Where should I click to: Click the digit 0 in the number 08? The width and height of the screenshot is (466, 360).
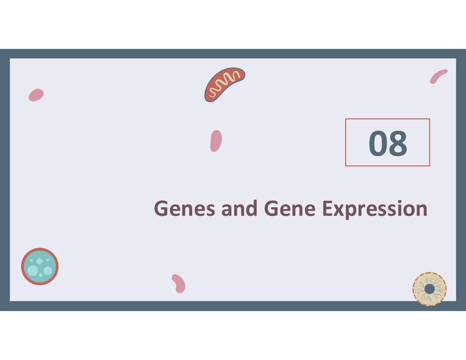tap(378, 143)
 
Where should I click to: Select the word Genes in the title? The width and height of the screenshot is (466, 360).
tap(184, 208)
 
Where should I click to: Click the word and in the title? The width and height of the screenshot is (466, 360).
tap(239, 208)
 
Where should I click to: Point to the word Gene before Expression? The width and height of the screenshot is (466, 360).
tap(290, 208)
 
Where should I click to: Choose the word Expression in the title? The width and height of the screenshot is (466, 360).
tap(375, 210)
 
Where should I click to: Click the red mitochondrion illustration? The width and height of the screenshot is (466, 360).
tap(224, 85)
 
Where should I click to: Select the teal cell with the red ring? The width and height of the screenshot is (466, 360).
tap(40, 266)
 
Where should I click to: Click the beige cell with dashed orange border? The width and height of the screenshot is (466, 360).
tap(430, 289)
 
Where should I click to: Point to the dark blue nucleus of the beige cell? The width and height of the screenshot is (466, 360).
tap(430, 289)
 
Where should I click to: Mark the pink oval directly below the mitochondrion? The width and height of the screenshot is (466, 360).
tap(216, 141)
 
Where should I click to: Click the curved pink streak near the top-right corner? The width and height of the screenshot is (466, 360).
tap(438, 76)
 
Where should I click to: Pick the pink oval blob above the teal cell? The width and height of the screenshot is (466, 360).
tap(36, 95)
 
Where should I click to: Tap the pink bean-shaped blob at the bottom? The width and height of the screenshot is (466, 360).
tap(179, 283)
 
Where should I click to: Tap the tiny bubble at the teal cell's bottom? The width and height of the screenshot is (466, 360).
tap(41, 275)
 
